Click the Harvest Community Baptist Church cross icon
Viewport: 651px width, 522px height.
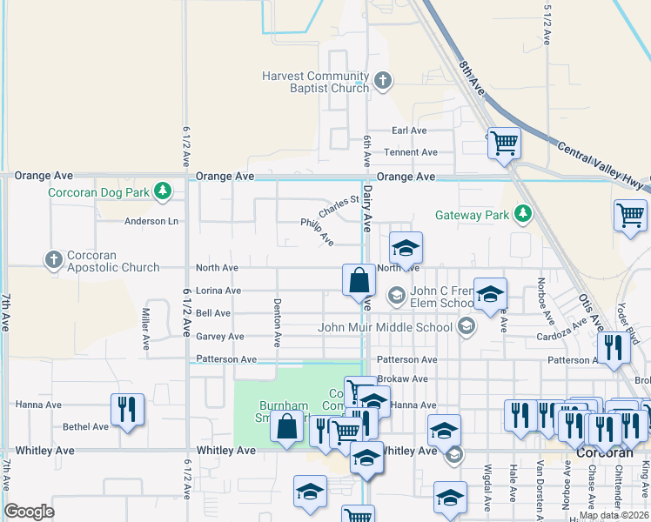pos(382,83)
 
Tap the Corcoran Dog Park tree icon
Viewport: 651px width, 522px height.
pos(162,191)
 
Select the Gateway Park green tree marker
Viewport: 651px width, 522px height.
pos(522,214)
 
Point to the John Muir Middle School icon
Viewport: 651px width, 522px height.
pos(466,327)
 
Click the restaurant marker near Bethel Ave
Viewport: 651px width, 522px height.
pos(127,408)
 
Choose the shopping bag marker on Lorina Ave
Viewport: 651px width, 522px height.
pos(359,281)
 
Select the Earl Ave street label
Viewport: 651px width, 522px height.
pos(409,130)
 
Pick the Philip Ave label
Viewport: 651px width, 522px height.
pos(318,231)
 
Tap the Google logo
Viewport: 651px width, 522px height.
pos(29,512)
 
